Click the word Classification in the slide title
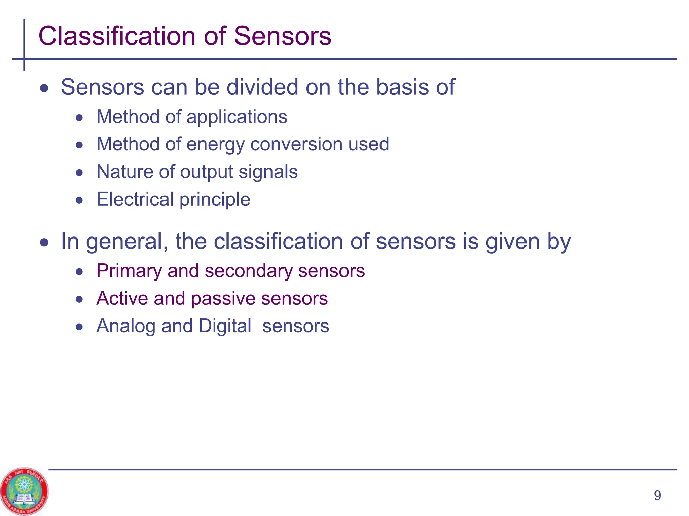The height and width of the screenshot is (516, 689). click(116, 36)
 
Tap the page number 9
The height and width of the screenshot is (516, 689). click(657, 496)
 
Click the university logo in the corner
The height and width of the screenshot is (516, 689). click(24, 491)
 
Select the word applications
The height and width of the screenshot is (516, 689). click(237, 117)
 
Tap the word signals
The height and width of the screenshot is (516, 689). click(268, 172)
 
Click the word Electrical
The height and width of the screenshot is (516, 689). click(135, 199)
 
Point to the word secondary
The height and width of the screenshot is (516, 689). click(248, 271)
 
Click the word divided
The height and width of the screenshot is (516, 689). click(262, 87)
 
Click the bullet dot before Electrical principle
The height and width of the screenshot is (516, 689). click(79, 201)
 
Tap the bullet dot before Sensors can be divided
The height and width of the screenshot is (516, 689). click(44, 89)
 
